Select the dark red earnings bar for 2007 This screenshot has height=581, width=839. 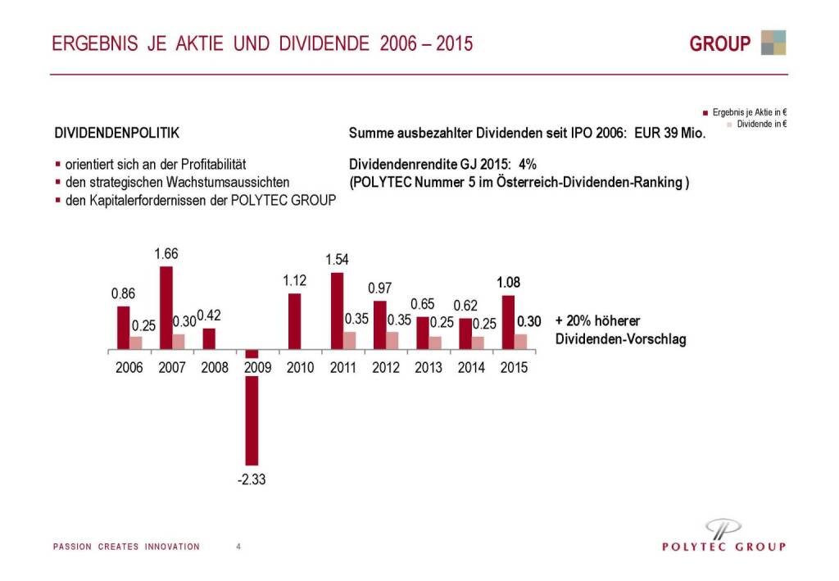pyautogui.click(x=166, y=307)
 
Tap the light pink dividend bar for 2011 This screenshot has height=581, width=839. pyautogui.click(x=350, y=340)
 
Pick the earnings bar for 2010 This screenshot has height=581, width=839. pyautogui.click(x=294, y=320)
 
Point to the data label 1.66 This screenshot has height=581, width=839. pyautogui.click(x=166, y=254)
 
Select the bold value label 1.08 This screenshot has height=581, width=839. pyautogui.click(x=508, y=283)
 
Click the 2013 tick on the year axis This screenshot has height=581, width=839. pyautogui.click(x=429, y=368)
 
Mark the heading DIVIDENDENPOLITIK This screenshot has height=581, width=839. pyautogui.click(x=116, y=132)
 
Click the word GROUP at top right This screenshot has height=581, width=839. pyautogui.click(x=719, y=44)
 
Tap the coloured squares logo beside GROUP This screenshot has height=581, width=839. pyautogui.click(x=773, y=43)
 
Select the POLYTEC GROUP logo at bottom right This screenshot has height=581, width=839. pyautogui.click(x=723, y=537)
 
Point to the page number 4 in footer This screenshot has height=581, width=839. pyautogui.click(x=238, y=547)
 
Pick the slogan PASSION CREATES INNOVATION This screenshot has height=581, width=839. pyautogui.click(x=126, y=547)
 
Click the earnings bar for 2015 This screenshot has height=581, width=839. pyautogui.click(x=508, y=321)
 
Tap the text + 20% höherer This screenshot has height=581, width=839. pyautogui.click(x=597, y=320)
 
